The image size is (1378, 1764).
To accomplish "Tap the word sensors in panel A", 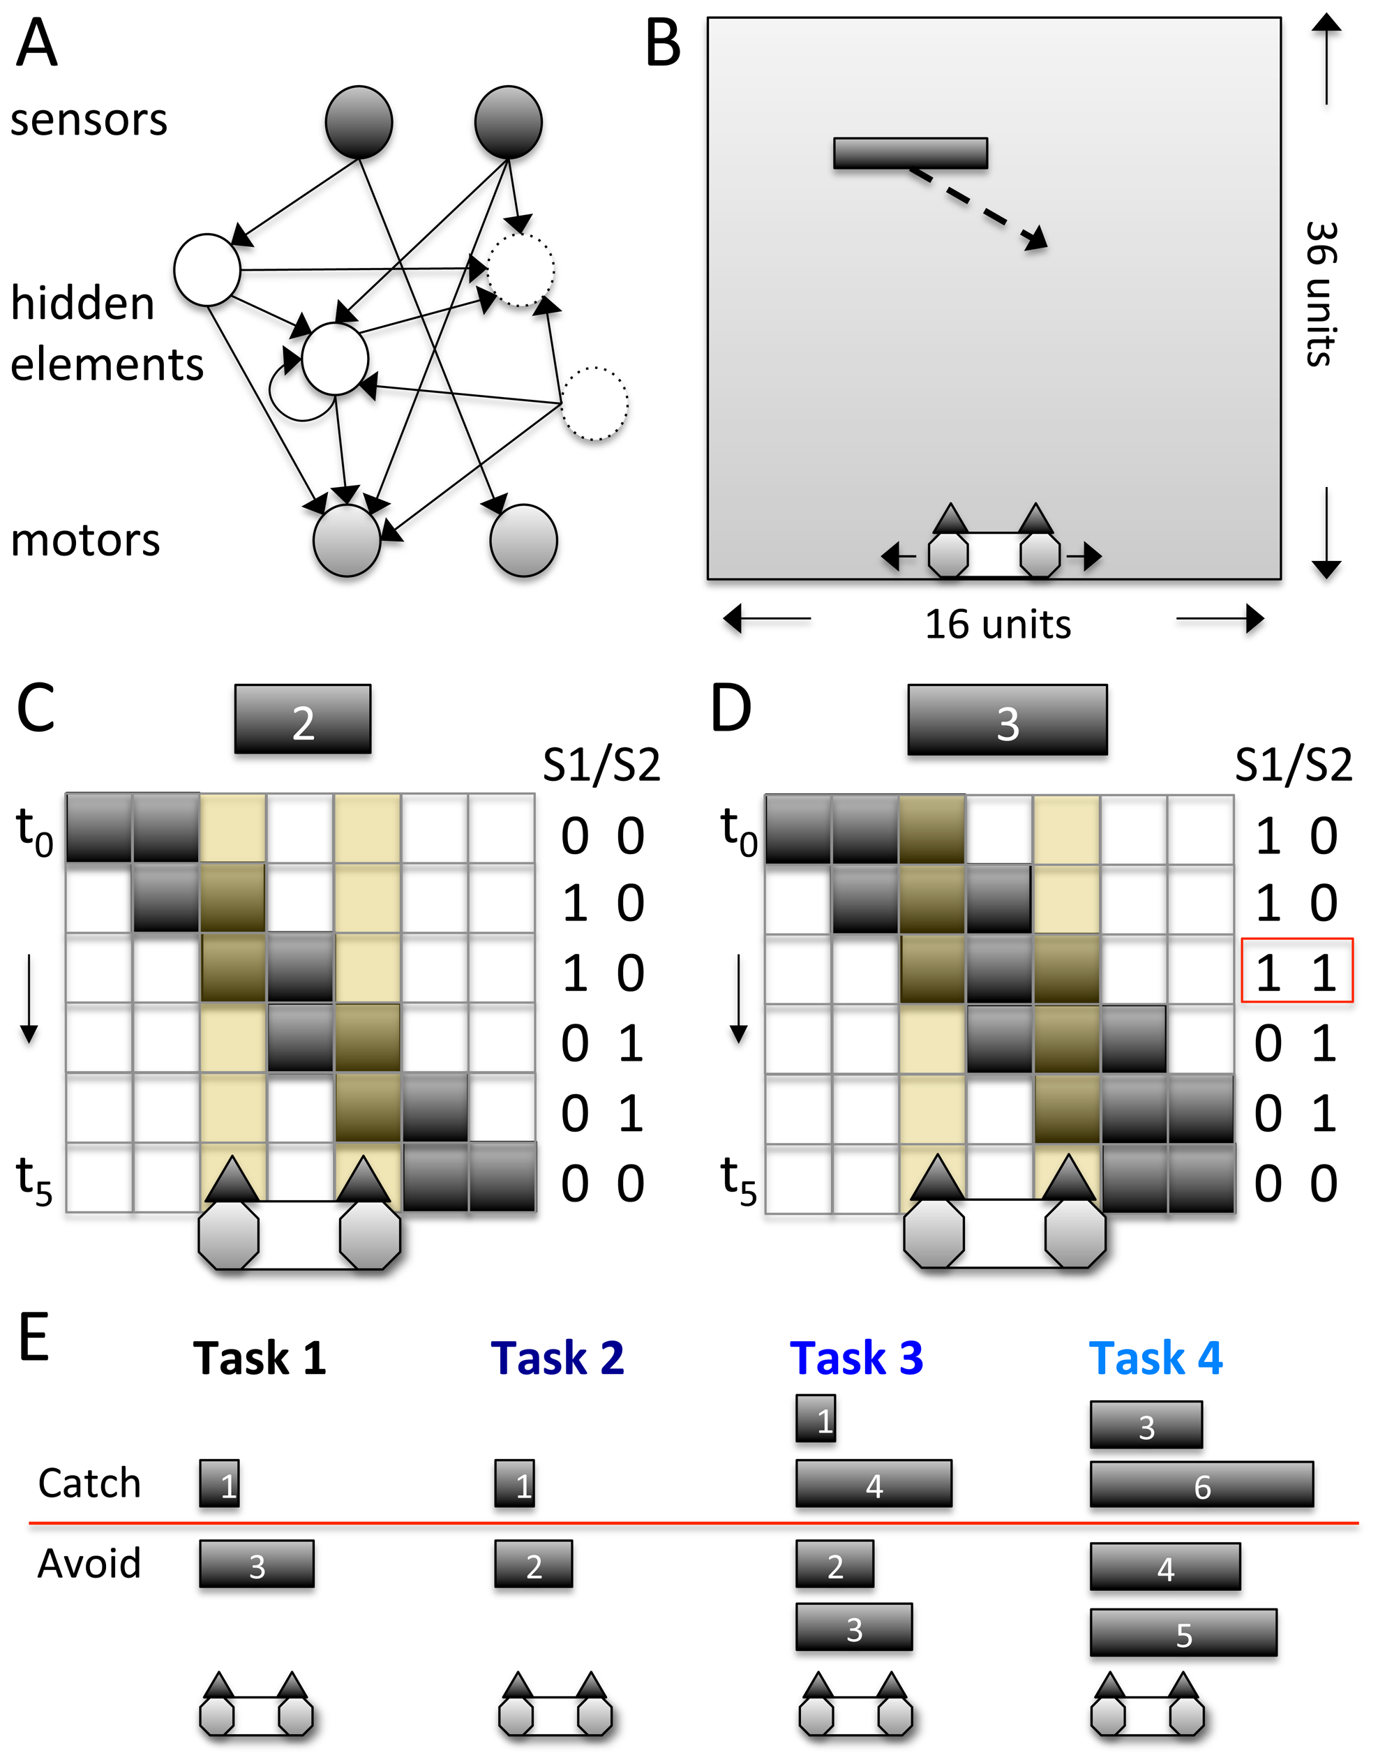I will tap(89, 120).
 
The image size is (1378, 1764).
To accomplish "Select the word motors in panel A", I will tap(85, 539).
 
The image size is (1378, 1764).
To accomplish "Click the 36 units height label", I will tap(1321, 294).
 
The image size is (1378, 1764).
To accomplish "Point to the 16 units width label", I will tap(998, 625).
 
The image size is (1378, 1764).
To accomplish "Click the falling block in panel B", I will tap(911, 153).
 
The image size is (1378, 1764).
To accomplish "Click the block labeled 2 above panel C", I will tap(303, 719).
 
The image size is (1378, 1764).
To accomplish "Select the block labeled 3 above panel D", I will tap(1008, 720).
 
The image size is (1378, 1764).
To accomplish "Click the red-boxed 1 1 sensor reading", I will tap(1296, 971).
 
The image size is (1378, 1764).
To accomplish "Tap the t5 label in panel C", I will tap(34, 1180).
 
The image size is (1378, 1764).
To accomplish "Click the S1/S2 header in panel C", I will tap(601, 764).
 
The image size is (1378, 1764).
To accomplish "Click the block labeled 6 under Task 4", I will tap(1201, 1485).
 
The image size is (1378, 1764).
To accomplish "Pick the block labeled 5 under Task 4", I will tap(1183, 1632).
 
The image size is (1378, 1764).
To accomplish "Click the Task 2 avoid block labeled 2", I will tap(533, 1564).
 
